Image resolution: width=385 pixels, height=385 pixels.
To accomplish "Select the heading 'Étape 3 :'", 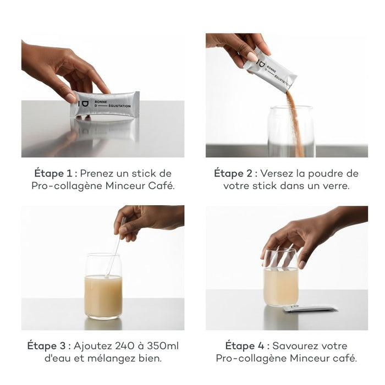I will [x=49, y=346].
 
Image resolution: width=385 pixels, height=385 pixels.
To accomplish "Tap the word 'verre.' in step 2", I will [x=335, y=186].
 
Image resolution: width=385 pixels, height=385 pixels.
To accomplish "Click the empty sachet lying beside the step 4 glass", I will [x=310, y=309].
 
